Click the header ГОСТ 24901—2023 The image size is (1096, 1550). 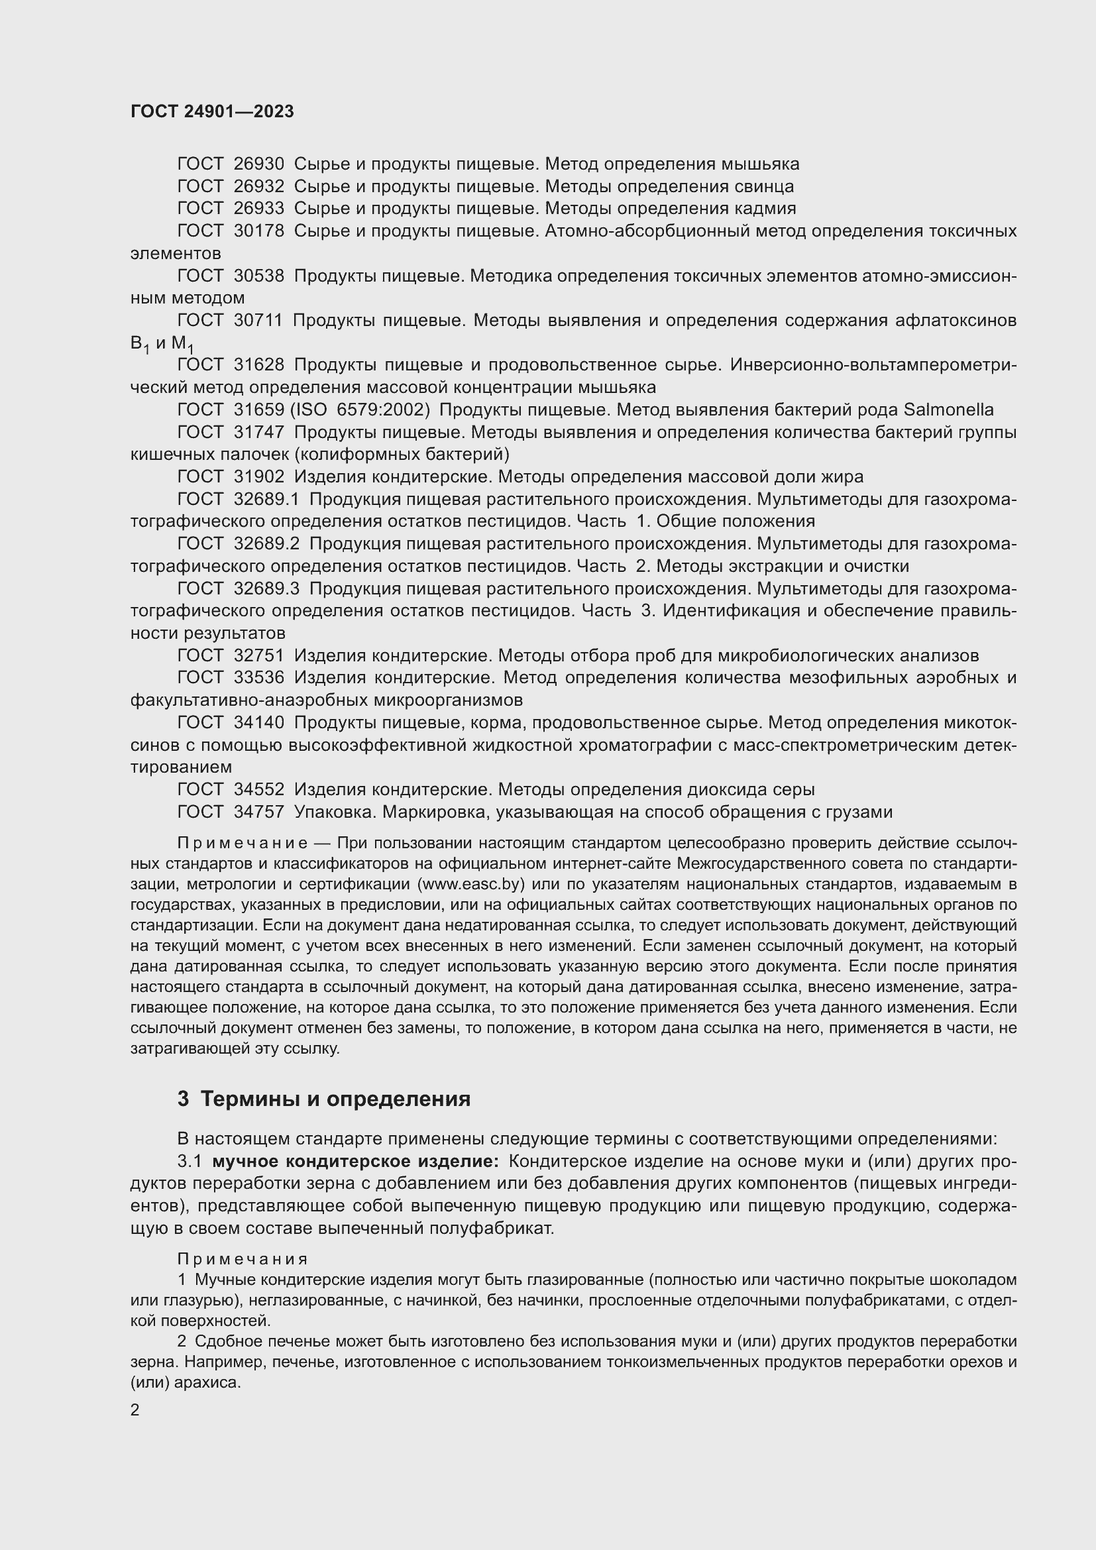[212, 112]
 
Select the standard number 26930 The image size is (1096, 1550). [258, 164]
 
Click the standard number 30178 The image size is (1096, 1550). [258, 231]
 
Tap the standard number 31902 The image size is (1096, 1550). [258, 477]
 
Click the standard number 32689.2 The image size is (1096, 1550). [266, 544]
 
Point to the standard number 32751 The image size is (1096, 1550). [258, 655]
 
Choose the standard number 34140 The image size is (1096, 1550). [258, 723]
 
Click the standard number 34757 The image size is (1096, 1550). [258, 812]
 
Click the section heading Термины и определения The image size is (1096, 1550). [335, 1099]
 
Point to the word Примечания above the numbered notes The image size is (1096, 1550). [243, 1259]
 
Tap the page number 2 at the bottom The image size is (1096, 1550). [135, 1410]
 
